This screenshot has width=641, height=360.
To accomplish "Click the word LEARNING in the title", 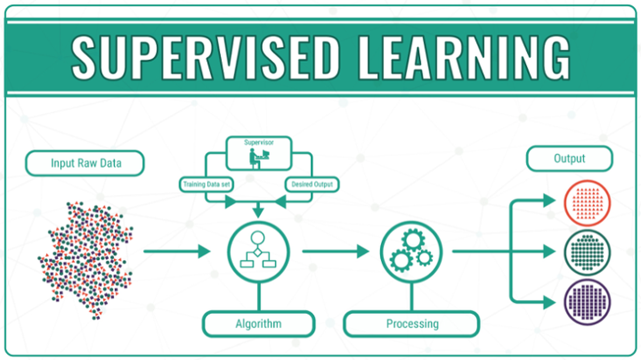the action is coord(464,57).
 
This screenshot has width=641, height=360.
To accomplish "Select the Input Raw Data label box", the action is coord(85,163).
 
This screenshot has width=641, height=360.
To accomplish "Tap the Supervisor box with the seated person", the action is coord(259,154).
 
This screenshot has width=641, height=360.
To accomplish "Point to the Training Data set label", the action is coord(206,184).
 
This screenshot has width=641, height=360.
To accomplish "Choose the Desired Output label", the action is coord(312,184).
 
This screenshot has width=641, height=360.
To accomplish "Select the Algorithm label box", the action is coord(259,324).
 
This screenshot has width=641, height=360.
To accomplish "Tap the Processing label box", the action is coord(412,324).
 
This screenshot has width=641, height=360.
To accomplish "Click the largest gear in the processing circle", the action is coord(413,240).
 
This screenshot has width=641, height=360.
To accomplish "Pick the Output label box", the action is coord(569,159).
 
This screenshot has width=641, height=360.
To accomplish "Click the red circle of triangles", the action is coord(588,203).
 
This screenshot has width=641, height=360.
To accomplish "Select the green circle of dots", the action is coord(588,252).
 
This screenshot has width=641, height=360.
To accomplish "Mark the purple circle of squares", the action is coord(588,302).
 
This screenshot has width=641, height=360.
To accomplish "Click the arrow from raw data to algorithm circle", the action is coord(177,251).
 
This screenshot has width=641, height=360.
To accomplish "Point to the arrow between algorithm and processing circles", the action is coord(336,251).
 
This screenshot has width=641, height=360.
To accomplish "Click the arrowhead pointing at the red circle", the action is coord(549,200).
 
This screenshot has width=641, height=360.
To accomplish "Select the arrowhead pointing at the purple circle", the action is coord(549,303).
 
